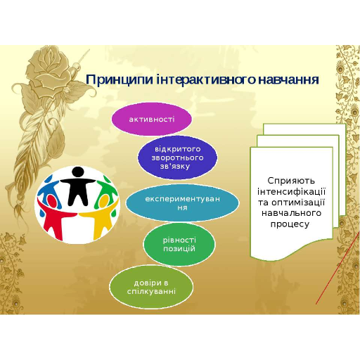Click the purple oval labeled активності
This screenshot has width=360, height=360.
152,119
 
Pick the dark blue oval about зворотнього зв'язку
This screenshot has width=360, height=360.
177,157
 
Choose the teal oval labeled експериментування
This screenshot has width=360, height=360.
182,203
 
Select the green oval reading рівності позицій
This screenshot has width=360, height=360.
179,244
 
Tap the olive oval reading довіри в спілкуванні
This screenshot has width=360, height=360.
151,287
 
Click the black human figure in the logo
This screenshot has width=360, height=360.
77,185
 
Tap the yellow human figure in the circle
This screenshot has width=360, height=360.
101,217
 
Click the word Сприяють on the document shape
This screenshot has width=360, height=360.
291,181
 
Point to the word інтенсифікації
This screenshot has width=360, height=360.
291,191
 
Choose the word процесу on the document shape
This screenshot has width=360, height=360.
290,224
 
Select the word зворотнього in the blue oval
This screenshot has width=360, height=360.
177,157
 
